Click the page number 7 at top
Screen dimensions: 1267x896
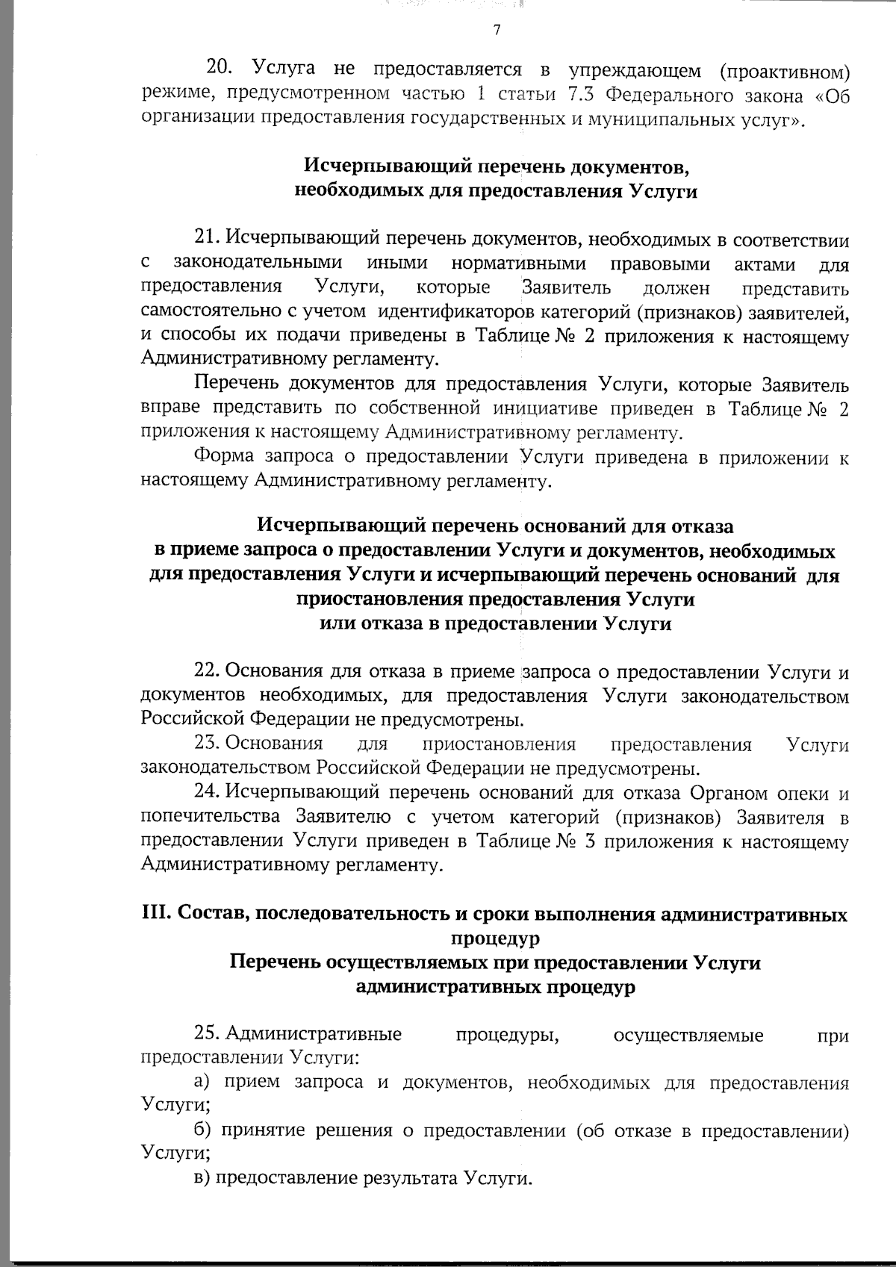[496, 31]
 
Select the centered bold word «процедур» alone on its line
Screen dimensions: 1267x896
[495, 938]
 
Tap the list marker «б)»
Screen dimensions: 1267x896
[202, 1131]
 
